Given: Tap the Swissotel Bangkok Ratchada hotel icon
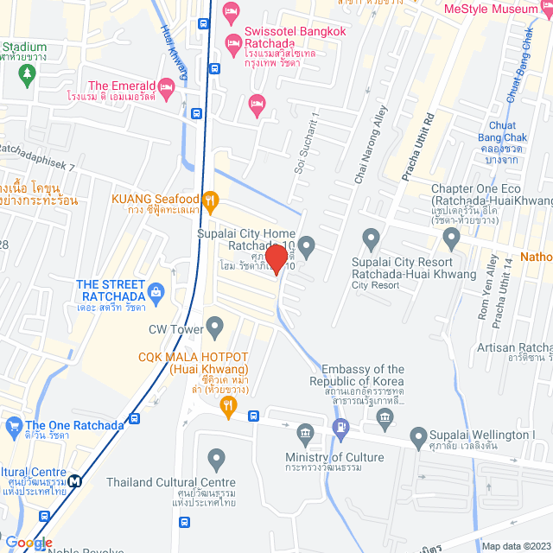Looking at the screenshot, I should click(x=232, y=42).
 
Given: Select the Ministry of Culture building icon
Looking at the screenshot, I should click(x=304, y=432).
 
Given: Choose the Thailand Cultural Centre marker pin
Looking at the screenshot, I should click(x=216, y=458).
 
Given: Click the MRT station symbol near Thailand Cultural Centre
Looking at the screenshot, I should click(x=76, y=482).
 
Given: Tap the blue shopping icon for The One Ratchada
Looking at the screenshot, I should click(x=13, y=425).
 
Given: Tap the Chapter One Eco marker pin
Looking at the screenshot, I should click(x=450, y=237).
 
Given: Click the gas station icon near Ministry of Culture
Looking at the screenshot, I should click(x=341, y=425).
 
